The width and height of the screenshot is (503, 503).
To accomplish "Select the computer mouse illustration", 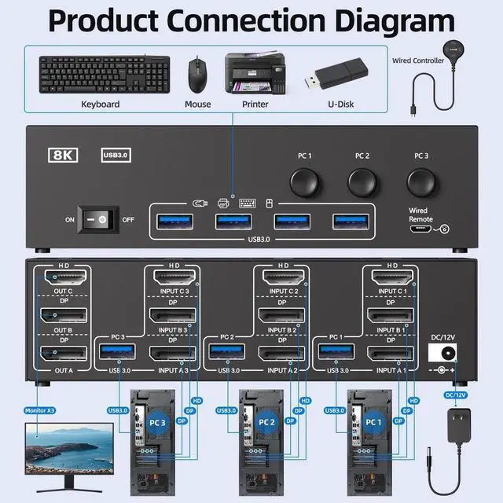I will pos(196,75).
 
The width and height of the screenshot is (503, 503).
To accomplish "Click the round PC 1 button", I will pos(304,181).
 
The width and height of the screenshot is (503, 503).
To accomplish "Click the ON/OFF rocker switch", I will pos(101,220).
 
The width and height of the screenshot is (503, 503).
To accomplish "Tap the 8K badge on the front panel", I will pos(64,156).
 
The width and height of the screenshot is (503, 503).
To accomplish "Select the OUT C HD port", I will pos(61,278).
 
